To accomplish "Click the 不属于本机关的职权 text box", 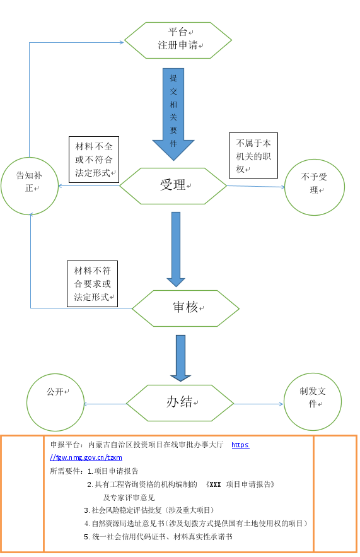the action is pos(253,155).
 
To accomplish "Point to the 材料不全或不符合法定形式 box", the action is pos(94,160).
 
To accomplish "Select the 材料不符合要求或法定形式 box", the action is pos(92,284).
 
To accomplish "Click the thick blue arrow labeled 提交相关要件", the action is pos(173,114).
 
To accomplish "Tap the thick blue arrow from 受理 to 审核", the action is pos(176,249).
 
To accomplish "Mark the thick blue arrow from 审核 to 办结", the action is pos(180,358).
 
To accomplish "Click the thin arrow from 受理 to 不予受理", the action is pos(255,187).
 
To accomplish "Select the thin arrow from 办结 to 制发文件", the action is pos(258,404).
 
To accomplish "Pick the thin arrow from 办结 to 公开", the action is pos(105,404).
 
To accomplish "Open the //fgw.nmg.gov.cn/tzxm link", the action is pos(86,457).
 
